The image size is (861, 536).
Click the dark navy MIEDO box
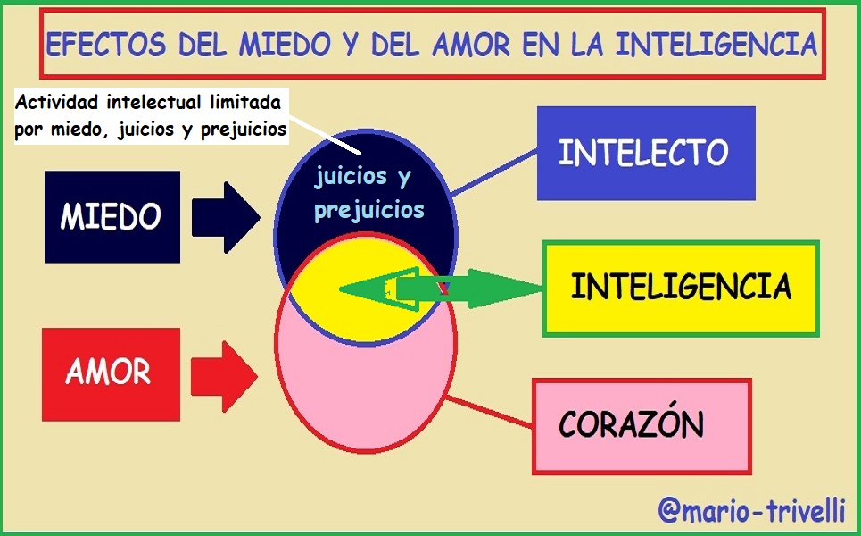[111, 216]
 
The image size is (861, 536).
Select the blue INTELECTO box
[645, 153]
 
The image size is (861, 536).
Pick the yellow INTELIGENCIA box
[681, 288]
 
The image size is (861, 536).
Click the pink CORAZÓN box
[641, 425]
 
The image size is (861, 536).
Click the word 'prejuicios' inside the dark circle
[368, 212]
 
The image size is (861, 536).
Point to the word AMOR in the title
[469, 44]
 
